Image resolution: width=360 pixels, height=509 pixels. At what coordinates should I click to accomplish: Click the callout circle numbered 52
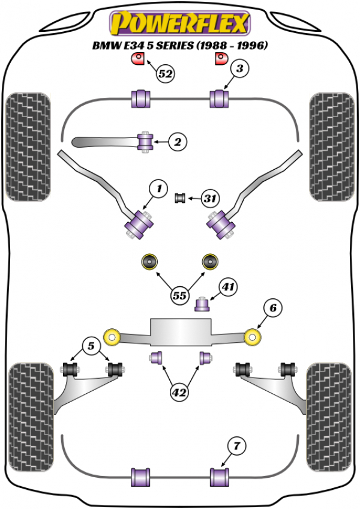166,74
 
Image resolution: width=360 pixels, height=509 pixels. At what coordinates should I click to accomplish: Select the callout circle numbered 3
239,70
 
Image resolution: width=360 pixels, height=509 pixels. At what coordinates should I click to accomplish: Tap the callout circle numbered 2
178,142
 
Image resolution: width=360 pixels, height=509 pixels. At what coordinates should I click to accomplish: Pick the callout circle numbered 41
227,288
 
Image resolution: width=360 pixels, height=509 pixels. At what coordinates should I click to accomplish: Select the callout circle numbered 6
272,309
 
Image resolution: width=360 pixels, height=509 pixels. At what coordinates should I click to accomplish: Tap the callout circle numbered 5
91,346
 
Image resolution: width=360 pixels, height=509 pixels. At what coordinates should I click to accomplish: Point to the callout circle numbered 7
237,446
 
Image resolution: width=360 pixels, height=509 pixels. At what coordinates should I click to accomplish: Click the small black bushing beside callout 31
179,197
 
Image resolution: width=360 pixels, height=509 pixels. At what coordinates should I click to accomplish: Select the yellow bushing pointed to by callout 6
254,337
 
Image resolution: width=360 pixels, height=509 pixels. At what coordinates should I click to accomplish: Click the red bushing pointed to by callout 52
138,59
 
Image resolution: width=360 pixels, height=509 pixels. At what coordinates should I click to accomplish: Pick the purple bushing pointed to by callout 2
146,142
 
